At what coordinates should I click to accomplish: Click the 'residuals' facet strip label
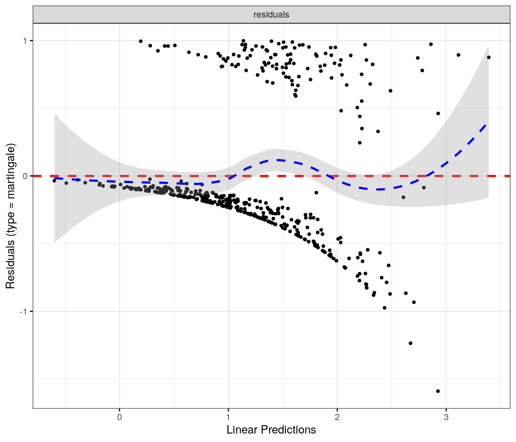(271, 15)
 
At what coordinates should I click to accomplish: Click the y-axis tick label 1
(26, 41)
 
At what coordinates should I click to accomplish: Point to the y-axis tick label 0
(26, 176)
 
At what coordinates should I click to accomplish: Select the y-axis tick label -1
(24, 312)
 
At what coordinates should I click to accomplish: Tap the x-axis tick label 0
(119, 417)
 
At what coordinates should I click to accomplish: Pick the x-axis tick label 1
(228, 417)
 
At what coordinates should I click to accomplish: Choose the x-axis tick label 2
(337, 417)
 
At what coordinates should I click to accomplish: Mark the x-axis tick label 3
(446, 417)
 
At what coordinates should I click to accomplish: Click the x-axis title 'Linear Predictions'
(271, 430)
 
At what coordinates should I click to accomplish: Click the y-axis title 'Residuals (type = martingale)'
(10, 216)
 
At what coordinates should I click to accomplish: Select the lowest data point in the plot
(438, 391)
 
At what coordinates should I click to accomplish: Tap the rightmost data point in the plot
(489, 58)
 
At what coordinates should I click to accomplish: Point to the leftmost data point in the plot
(54, 181)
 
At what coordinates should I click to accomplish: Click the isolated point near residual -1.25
(410, 343)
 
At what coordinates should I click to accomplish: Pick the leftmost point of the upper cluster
(141, 41)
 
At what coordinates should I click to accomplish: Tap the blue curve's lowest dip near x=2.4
(378, 189)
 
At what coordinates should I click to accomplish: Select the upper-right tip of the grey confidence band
(488, 46)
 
